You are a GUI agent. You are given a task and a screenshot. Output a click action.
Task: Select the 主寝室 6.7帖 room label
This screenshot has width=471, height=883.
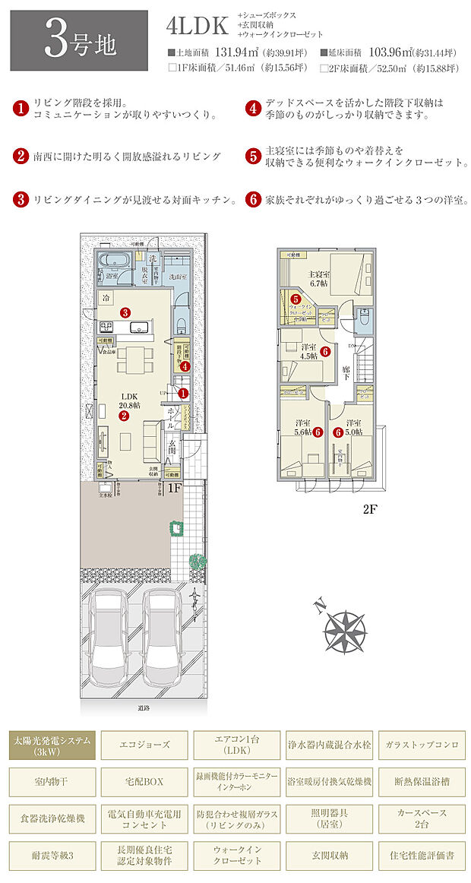[318, 278]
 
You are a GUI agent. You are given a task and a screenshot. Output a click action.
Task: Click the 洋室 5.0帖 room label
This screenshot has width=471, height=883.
[352, 428]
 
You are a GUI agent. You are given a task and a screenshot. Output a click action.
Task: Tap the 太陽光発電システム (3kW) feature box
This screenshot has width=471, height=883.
[52, 744]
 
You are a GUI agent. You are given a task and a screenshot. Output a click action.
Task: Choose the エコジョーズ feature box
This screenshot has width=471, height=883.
[144, 744]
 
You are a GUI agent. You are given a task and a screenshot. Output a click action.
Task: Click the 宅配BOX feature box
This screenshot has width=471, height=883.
[144, 780]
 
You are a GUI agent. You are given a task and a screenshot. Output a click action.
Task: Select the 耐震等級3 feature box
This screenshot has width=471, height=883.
[52, 853]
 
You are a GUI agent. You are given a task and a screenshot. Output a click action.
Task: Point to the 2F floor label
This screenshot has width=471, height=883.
[369, 510]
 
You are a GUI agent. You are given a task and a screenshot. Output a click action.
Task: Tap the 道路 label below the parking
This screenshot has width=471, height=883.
[144, 707]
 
